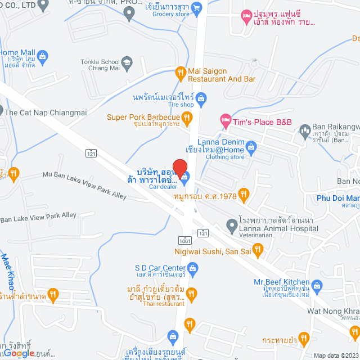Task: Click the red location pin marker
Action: point(179,168)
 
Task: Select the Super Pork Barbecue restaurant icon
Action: point(188,118)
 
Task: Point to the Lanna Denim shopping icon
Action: point(251,146)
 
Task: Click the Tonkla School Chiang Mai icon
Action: point(127,61)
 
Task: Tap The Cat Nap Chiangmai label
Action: point(46,112)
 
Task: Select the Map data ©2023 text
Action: point(336,355)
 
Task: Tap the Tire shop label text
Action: point(180,105)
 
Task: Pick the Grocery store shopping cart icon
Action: point(196,7)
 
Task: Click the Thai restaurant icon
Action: point(192,293)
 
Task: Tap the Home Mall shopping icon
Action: point(43,56)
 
